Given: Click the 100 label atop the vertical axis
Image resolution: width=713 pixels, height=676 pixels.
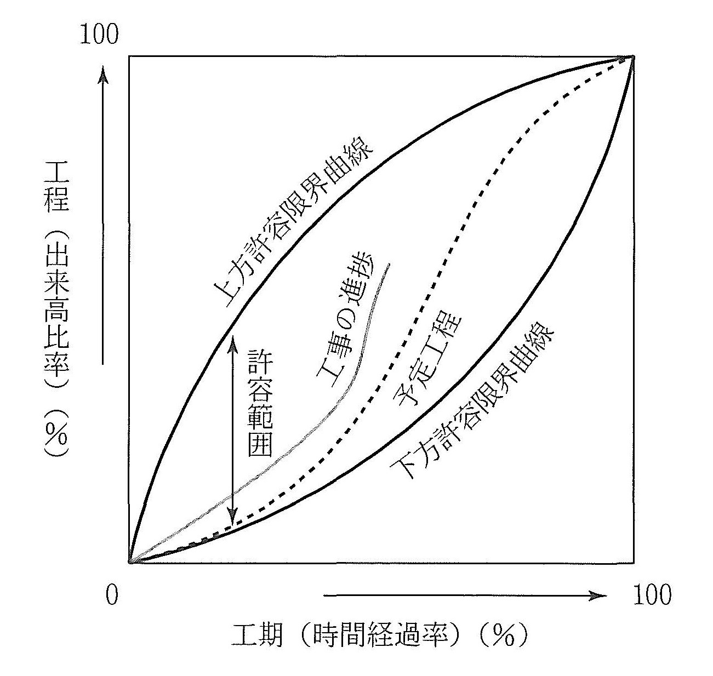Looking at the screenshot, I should [x=99, y=34].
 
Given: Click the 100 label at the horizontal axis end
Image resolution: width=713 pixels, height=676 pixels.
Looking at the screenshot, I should [x=652, y=595].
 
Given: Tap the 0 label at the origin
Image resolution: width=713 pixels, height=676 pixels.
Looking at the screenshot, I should [x=112, y=595].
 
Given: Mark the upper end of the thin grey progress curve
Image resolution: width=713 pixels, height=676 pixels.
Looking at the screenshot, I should [x=389, y=266].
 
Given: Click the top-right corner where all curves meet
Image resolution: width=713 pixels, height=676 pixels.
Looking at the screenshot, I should [x=634, y=56].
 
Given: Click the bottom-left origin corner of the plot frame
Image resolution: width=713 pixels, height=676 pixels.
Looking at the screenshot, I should [x=130, y=562].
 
